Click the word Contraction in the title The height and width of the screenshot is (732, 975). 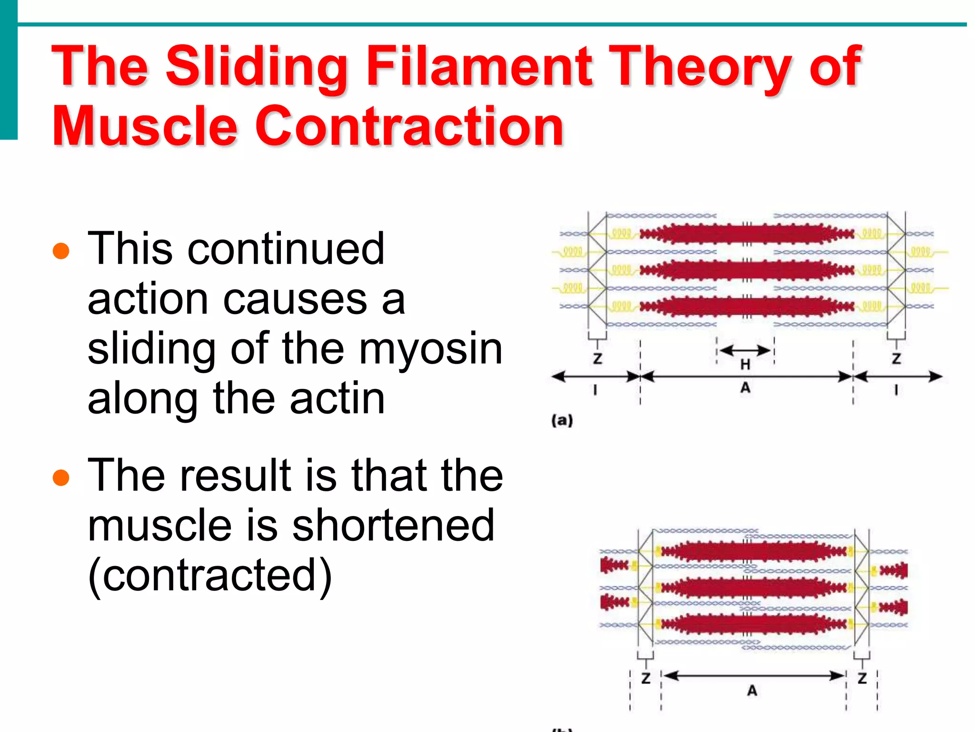[409, 126]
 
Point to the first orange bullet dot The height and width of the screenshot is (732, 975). [61, 251]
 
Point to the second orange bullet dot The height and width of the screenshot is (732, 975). [61, 477]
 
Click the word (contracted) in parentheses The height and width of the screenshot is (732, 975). [209, 576]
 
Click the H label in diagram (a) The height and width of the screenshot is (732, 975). [745, 365]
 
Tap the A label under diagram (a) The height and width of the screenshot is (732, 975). [745, 388]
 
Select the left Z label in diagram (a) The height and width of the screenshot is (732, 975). [597, 358]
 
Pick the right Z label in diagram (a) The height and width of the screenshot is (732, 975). [896, 358]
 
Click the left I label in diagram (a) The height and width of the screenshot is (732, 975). [595, 390]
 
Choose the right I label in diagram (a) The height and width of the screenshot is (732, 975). [896, 390]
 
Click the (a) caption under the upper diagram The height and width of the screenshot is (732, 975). [562, 420]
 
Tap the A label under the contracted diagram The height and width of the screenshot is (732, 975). [752, 691]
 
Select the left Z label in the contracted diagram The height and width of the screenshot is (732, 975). [646, 678]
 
